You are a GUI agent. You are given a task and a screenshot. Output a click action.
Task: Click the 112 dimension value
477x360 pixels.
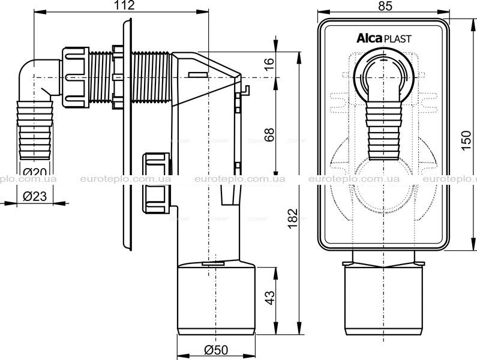(x=125, y=5)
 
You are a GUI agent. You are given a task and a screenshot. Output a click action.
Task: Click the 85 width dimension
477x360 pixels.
(x=385, y=6)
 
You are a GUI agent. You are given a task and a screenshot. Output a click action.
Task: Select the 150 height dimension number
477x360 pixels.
(x=466, y=140)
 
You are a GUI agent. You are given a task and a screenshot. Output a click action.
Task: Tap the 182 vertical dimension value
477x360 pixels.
(x=292, y=219)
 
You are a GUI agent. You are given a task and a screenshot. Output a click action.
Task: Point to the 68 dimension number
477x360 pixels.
(x=269, y=134)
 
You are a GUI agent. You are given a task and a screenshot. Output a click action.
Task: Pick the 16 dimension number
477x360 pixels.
(x=269, y=64)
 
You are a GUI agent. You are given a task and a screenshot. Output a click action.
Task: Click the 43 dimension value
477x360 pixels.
(x=269, y=298)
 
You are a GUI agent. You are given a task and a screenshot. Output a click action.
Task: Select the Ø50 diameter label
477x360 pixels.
(x=216, y=350)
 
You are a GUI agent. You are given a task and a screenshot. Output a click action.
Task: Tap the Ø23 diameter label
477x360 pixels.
(x=35, y=197)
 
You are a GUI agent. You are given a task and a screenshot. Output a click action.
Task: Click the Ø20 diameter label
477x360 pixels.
(x=35, y=172)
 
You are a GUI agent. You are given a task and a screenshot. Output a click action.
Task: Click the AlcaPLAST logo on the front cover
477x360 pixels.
(x=384, y=38)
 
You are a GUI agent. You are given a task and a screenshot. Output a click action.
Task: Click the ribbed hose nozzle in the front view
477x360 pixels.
(x=383, y=131)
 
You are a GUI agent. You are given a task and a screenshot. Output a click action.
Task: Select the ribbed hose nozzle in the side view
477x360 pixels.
(x=35, y=130)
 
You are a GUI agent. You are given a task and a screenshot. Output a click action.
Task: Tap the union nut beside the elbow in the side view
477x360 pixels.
(x=76, y=77)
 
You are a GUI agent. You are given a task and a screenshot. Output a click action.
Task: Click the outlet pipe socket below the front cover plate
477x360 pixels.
(x=383, y=297)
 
